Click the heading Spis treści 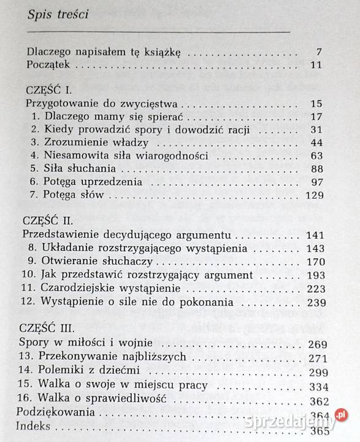click(x=58, y=15)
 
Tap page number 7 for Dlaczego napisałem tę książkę click(x=318, y=52)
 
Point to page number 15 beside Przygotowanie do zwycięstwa click(x=316, y=103)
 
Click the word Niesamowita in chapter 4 click(x=74, y=155)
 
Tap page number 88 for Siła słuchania click(x=316, y=169)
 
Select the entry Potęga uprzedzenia click(x=93, y=182)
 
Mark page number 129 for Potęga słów click(x=313, y=195)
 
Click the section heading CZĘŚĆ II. click(x=48, y=220)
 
